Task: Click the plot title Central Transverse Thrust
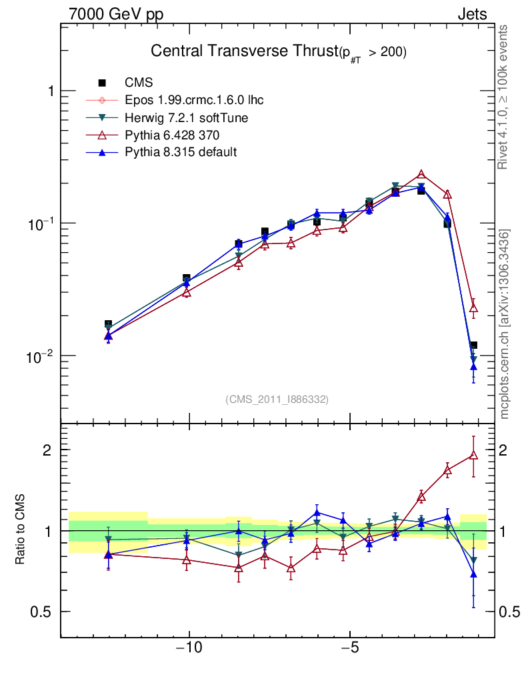(x=244, y=51)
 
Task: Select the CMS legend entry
(x=139, y=83)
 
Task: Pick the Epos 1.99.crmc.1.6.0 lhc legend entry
(x=194, y=100)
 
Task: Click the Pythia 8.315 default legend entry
(x=181, y=152)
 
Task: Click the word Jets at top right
(x=471, y=14)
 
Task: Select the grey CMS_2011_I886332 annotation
(x=277, y=399)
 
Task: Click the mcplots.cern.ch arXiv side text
(x=505, y=324)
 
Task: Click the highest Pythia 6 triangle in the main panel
(x=421, y=174)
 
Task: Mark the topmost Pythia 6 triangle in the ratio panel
(x=473, y=456)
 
